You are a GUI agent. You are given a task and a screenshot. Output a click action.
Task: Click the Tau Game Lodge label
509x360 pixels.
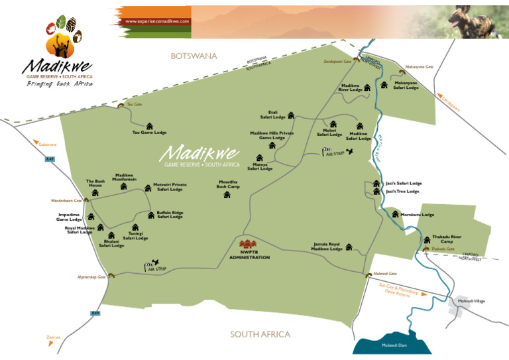point(149,133)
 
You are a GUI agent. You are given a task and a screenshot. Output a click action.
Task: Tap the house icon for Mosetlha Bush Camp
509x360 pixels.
point(227,194)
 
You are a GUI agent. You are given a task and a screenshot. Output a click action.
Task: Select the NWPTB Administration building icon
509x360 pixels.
point(249,245)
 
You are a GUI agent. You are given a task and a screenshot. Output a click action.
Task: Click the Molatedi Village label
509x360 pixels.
point(471,301)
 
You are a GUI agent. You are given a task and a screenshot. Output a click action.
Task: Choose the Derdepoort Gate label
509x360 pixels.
point(337,60)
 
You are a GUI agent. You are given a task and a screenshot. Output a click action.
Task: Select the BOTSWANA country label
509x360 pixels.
point(194,56)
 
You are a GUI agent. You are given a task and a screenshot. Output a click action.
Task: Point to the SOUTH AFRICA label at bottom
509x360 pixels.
point(260,334)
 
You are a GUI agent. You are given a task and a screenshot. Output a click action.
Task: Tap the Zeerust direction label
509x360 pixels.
point(53,337)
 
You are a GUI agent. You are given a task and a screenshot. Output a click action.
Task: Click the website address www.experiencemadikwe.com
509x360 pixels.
point(158,21)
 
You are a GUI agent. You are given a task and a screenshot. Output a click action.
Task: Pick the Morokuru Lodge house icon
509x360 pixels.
point(396,214)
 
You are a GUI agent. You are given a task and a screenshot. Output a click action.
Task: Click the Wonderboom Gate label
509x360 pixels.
point(66,200)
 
